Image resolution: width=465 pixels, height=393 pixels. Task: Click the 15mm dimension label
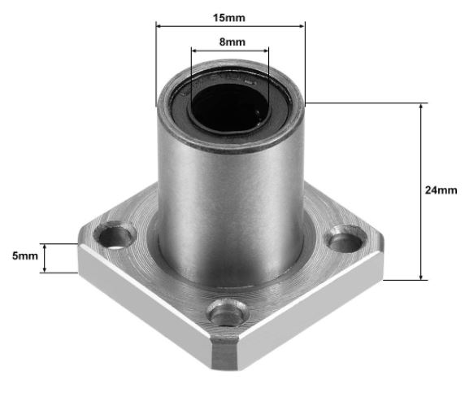[230, 15]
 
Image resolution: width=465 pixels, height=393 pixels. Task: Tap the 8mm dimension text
[230, 41]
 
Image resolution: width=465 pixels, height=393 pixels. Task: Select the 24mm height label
[441, 190]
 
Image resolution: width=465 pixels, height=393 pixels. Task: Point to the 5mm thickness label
[24, 255]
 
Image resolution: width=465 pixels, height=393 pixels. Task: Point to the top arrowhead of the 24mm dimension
[420, 107]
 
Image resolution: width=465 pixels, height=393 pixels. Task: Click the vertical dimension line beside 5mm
[46, 258]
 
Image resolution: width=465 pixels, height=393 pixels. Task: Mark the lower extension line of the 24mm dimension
[406, 280]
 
